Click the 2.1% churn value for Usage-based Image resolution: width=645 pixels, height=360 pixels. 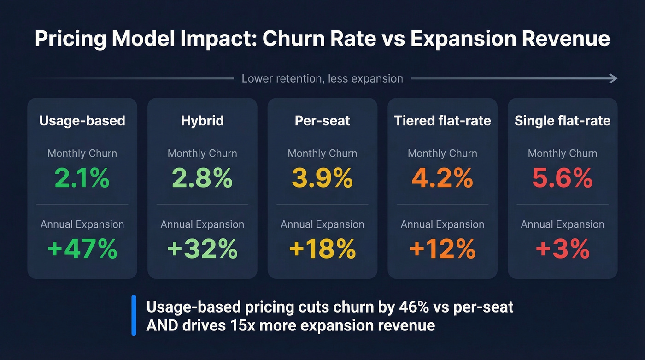(82, 178)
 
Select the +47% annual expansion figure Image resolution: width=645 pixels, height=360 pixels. (82, 249)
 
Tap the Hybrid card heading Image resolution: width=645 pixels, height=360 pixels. (202, 121)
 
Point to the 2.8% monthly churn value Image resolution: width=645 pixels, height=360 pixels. (202, 178)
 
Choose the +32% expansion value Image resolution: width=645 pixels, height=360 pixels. (202, 249)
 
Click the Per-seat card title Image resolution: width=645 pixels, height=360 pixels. (322, 121)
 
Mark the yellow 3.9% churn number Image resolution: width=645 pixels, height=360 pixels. (322, 178)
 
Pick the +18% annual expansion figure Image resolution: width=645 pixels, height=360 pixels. (322, 249)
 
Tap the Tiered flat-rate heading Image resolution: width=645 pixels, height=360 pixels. (442, 121)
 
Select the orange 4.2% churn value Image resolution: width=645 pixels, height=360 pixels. (442, 178)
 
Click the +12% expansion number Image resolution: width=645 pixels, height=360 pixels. (442, 249)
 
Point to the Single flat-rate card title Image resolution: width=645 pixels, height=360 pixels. (562, 121)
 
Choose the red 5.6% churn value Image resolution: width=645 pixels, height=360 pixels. (562, 178)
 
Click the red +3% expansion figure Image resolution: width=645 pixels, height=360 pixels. (562, 249)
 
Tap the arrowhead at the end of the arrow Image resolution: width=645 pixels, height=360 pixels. (613, 79)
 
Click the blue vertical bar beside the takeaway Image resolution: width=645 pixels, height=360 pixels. (134, 315)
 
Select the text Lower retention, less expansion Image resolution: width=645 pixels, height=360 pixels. (322, 79)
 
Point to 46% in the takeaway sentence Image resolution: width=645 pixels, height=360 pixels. (402, 307)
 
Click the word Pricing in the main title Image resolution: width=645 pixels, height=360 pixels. (70, 39)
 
